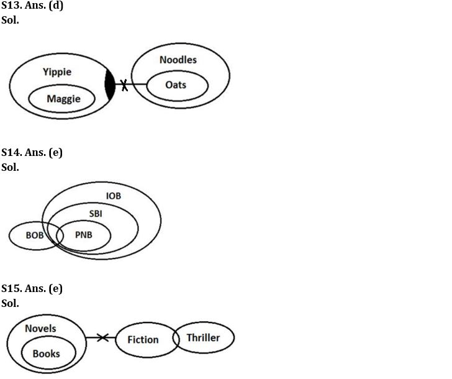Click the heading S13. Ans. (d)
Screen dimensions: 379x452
click(x=32, y=6)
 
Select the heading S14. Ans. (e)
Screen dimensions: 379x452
click(x=32, y=153)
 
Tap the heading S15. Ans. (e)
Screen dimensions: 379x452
click(x=32, y=289)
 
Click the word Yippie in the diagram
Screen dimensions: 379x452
click(x=57, y=72)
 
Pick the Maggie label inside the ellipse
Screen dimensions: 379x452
click(x=63, y=99)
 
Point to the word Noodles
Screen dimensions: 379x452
click(x=178, y=60)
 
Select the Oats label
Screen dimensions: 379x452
click(x=176, y=85)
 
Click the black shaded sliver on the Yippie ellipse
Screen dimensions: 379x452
click(x=111, y=85)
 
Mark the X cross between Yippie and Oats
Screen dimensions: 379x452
click(x=125, y=85)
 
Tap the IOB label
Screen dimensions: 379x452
click(x=114, y=196)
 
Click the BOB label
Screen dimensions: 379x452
click(x=35, y=236)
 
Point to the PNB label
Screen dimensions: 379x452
click(x=83, y=236)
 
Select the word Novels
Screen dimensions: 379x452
click(x=40, y=329)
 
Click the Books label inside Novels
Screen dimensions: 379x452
click(x=47, y=354)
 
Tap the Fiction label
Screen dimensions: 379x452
click(x=143, y=340)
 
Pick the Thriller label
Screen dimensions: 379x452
click(x=203, y=338)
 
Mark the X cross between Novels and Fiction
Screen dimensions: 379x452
click(x=103, y=338)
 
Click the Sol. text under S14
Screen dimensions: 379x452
click(x=11, y=168)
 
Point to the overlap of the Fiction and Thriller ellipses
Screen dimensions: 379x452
click(x=174, y=339)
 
